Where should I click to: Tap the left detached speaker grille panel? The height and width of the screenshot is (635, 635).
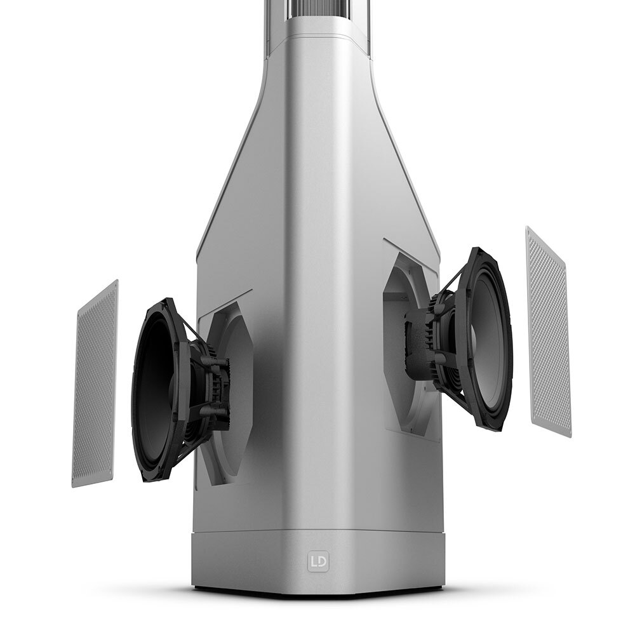[x=95, y=384]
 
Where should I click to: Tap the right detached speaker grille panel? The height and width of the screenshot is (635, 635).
[x=549, y=331]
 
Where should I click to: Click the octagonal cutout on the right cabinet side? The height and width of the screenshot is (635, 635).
[x=409, y=344]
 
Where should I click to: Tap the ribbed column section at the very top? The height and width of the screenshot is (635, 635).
[x=318, y=9]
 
